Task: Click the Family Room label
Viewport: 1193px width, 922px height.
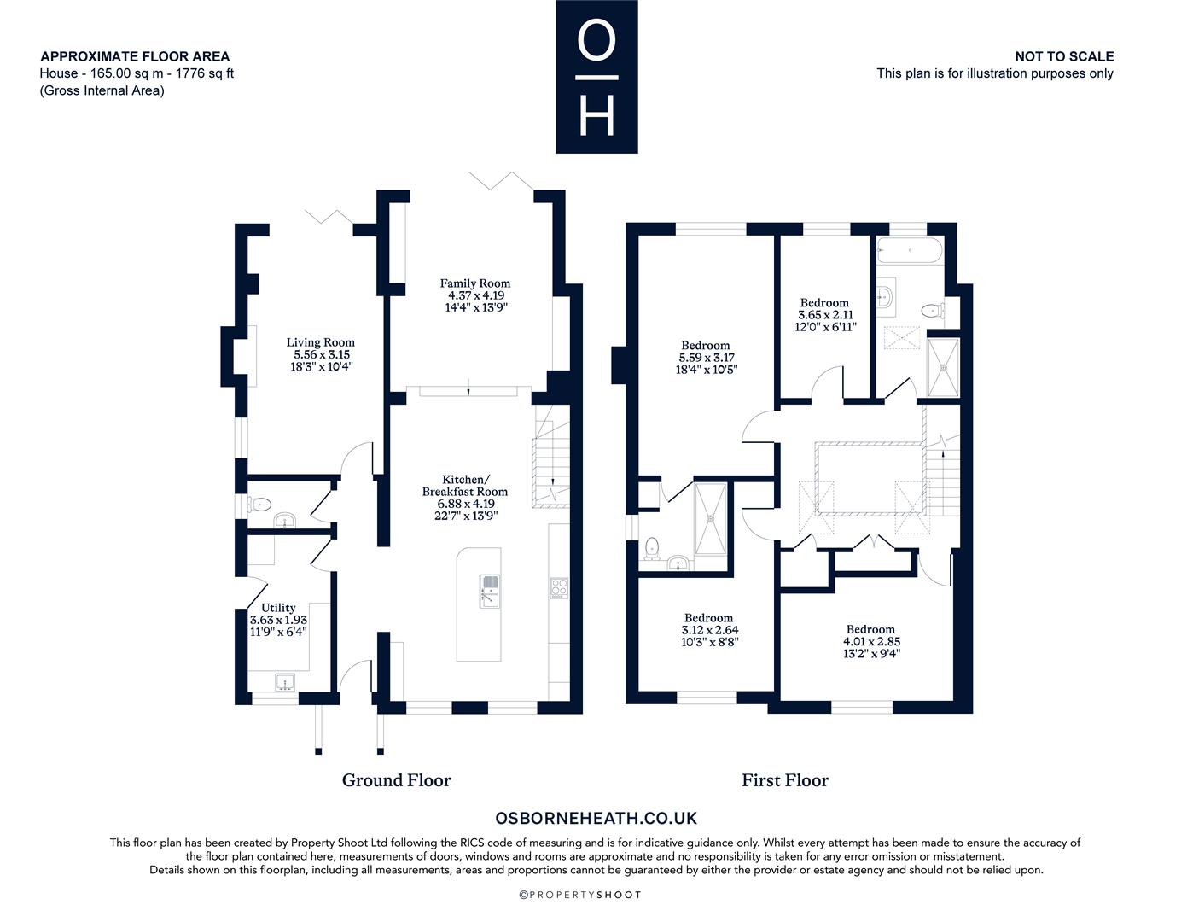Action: pyautogui.click(x=474, y=295)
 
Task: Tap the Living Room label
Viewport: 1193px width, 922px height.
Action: pyautogui.click(x=321, y=354)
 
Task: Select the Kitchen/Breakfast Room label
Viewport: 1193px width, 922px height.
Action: pyautogui.click(x=465, y=498)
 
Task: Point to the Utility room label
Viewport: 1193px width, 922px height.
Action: pyautogui.click(x=278, y=620)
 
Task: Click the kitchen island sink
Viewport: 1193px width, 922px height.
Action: pyautogui.click(x=489, y=592)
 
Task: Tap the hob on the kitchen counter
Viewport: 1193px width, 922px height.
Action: pyautogui.click(x=559, y=587)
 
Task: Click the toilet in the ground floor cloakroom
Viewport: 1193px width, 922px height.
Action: pyautogui.click(x=259, y=504)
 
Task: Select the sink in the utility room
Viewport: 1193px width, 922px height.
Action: pyautogui.click(x=284, y=682)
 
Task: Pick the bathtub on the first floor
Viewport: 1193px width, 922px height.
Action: pyautogui.click(x=910, y=250)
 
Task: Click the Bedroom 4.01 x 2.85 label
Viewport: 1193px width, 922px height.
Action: pyautogui.click(x=871, y=641)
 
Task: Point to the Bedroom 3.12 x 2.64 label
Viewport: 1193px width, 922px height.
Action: pyautogui.click(x=709, y=630)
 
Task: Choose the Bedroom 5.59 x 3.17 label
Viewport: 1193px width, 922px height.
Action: pyautogui.click(x=706, y=358)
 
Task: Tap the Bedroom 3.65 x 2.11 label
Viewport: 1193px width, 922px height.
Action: pyautogui.click(x=825, y=315)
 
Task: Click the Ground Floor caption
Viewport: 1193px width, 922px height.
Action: pyautogui.click(x=396, y=780)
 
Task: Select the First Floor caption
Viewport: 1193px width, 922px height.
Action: pyautogui.click(x=785, y=780)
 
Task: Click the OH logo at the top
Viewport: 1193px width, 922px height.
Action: pyautogui.click(x=596, y=76)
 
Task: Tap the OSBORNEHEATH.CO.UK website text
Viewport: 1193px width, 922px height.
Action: pyautogui.click(x=596, y=818)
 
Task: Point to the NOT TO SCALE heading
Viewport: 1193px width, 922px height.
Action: pyautogui.click(x=1064, y=56)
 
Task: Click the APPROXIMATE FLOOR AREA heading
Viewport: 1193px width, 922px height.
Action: pyautogui.click(x=135, y=56)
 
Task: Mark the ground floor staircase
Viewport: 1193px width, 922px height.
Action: pyautogui.click(x=550, y=457)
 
